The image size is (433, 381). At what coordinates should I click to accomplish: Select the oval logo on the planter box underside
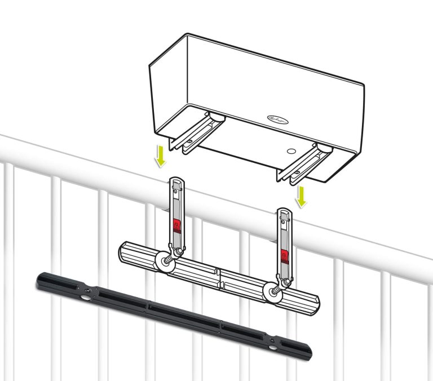(278, 118)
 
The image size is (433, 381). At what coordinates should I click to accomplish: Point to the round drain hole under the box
(291, 151)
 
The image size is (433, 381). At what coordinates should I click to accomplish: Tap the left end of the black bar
(38, 278)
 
